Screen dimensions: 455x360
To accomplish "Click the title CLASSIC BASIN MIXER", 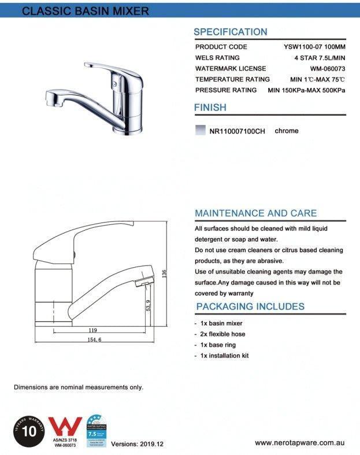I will pyautogui.click(x=85, y=11).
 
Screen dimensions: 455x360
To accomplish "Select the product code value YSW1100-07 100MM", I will pyautogui.click(x=315, y=47).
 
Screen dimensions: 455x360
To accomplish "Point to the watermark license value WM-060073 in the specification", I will pyautogui.click(x=327, y=69).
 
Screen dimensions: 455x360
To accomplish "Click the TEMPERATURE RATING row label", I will pyautogui.click(x=232, y=79).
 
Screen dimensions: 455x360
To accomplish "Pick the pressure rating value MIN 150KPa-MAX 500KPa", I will pyautogui.click(x=307, y=90).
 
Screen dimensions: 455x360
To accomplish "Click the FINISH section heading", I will pyautogui.click(x=210, y=108).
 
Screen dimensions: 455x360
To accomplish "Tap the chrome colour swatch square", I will pyautogui.click(x=201, y=131).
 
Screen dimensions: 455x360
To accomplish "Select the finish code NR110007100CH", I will pyautogui.click(x=237, y=131).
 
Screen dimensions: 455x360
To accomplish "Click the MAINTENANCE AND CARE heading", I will pyautogui.click(x=255, y=213).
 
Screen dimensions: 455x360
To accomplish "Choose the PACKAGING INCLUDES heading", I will pyautogui.click(x=250, y=306).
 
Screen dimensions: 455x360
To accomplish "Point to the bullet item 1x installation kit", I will pyautogui.click(x=224, y=356).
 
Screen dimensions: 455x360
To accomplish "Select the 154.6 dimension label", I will pyautogui.click(x=90, y=340).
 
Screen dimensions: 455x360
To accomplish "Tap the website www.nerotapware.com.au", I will pyautogui.click(x=299, y=443).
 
